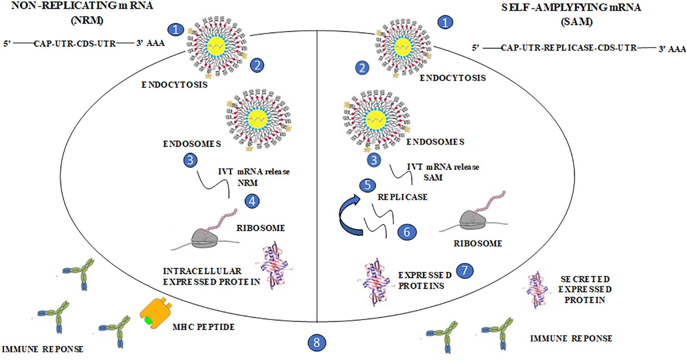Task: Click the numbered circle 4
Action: [x=252, y=201]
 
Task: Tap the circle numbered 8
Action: [x=317, y=342]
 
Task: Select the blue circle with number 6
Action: [x=407, y=232]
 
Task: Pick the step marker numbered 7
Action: [x=464, y=271]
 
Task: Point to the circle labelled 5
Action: [x=367, y=185]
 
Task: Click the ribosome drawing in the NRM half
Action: [x=205, y=238]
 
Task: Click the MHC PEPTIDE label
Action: [x=203, y=327]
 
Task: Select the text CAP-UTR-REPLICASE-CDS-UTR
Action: [x=569, y=48]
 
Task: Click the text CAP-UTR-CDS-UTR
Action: [x=75, y=44]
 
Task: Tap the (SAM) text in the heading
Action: [x=576, y=22]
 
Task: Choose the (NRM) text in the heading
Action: [x=87, y=20]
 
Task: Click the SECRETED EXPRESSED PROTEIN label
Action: [x=585, y=289]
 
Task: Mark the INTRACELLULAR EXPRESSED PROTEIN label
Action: [x=211, y=276]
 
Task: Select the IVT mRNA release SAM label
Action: [x=443, y=172]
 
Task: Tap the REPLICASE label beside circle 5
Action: [x=402, y=197]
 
